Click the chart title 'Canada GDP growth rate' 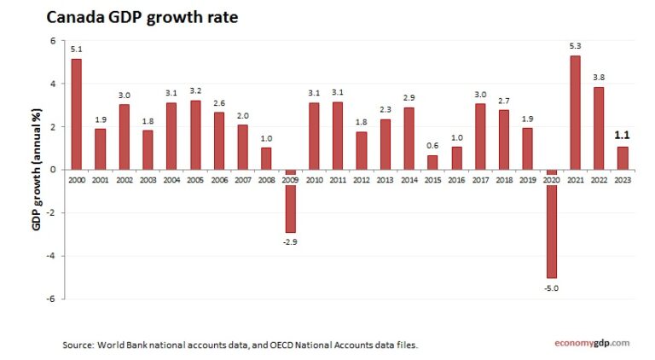click(142, 17)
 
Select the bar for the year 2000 click(77, 114)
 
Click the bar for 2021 click(576, 113)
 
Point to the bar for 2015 click(433, 162)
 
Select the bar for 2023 click(623, 158)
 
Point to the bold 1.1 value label click(623, 135)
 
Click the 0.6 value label click(433, 145)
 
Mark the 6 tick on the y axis click(52, 41)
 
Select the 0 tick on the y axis click(52, 170)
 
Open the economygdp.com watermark click(588, 343)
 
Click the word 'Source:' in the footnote click(77, 345)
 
